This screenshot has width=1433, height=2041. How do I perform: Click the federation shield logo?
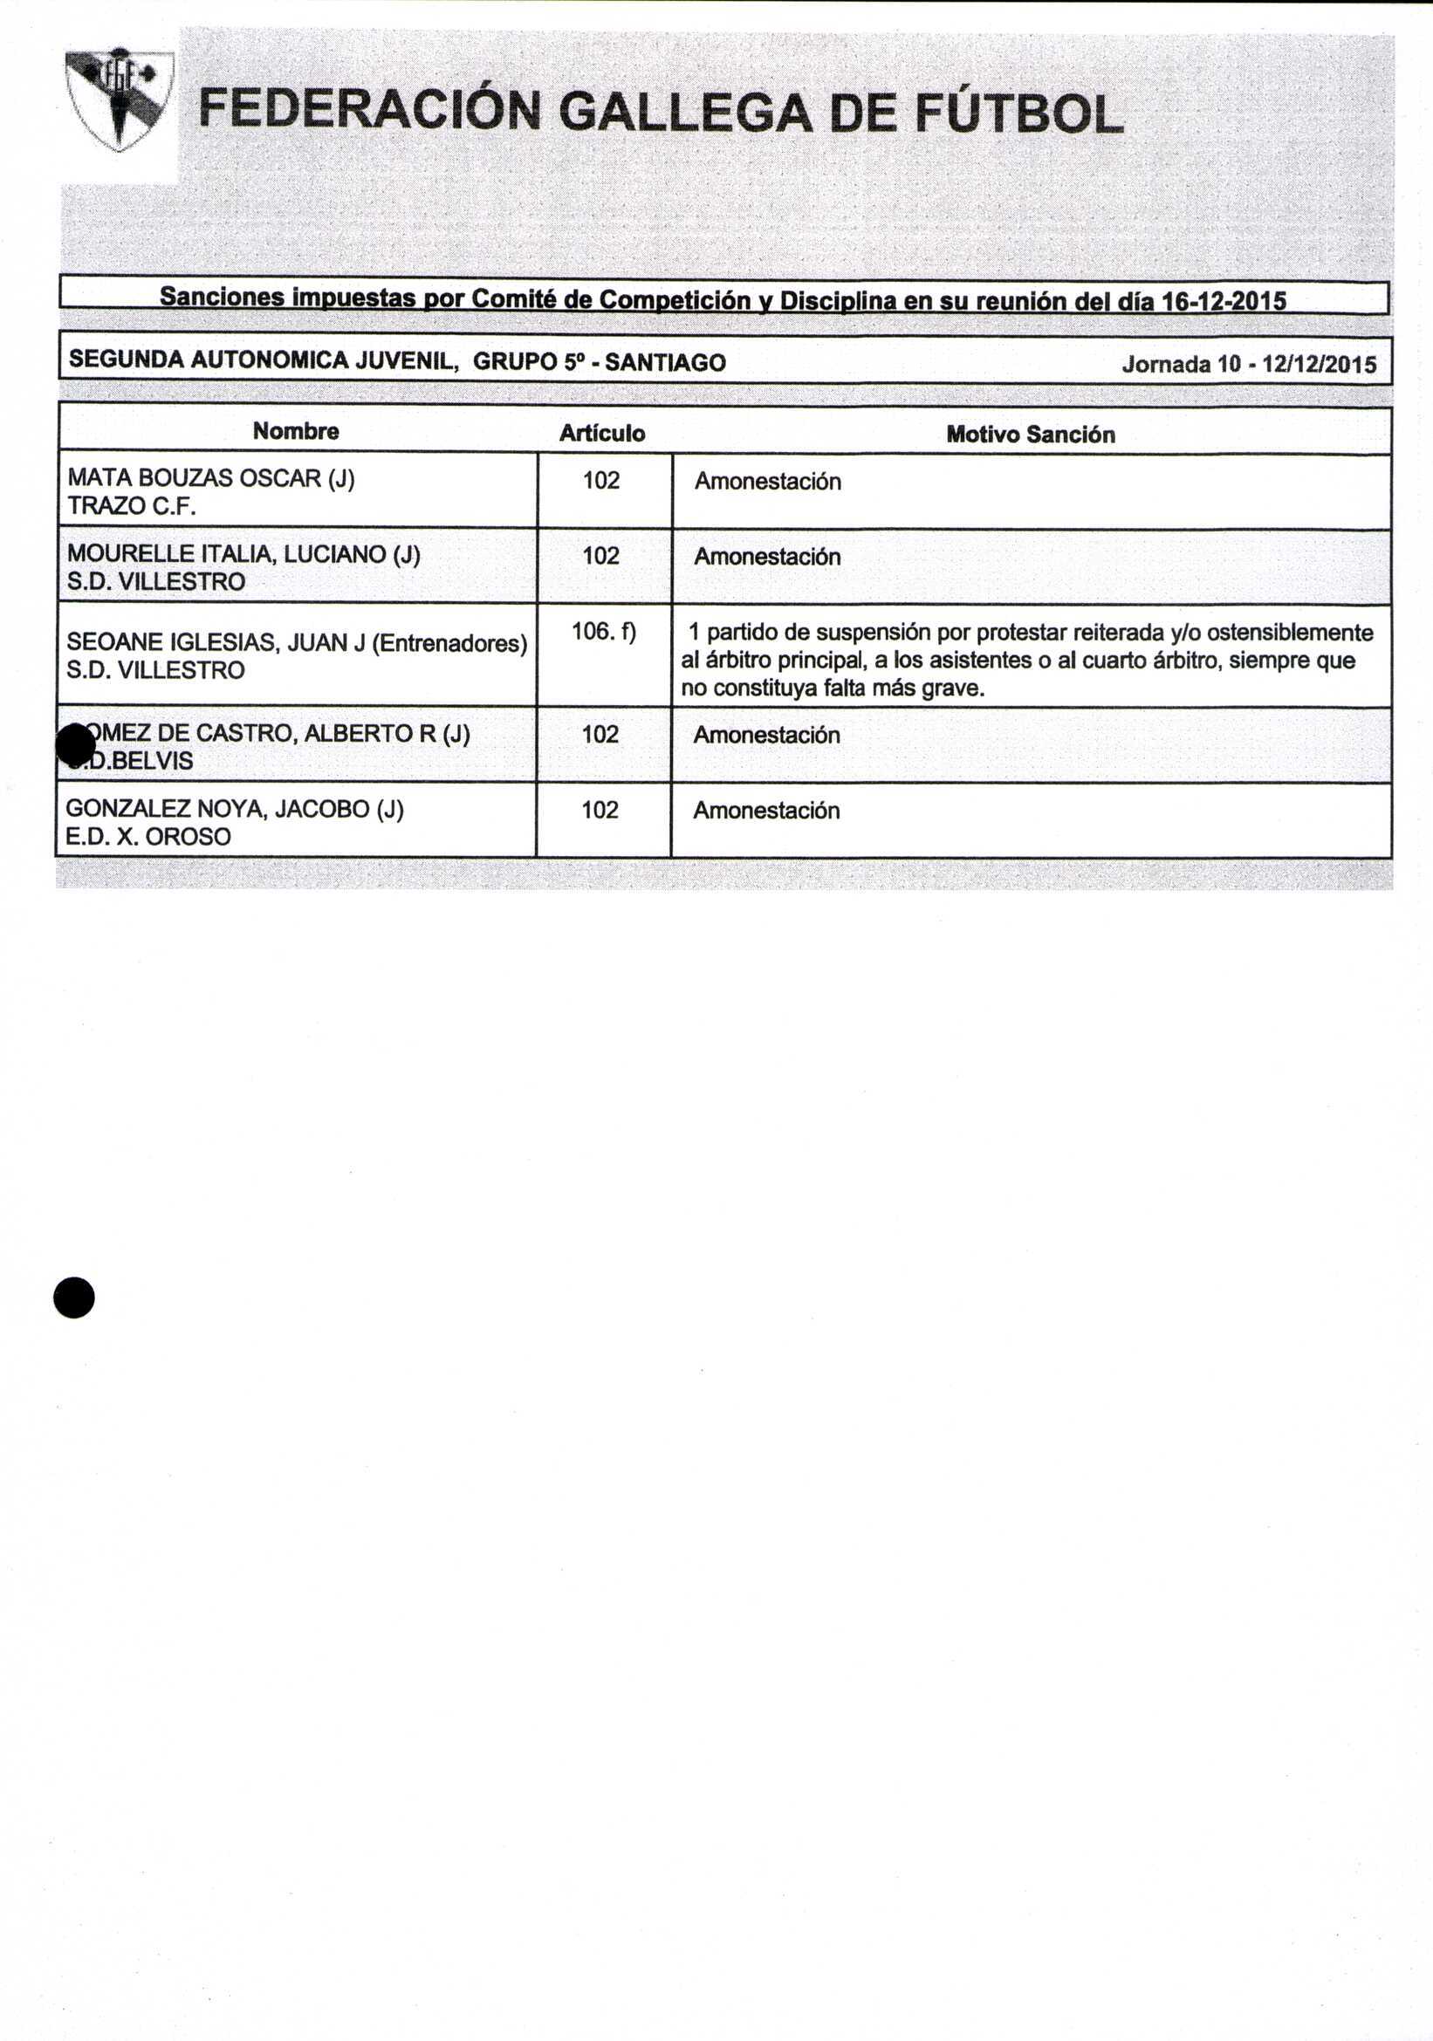(x=119, y=99)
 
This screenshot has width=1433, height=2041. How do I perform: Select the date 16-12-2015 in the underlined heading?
(x=1224, y=301)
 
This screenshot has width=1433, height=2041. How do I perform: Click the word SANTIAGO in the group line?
(x=665, y=363)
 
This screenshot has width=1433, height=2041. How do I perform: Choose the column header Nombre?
(x=296, y=431)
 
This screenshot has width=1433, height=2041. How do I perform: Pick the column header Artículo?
(x=602, y=433)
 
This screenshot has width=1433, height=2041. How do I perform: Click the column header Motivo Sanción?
(x=1031, y=434)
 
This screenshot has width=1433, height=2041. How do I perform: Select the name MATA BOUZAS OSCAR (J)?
(x=211, y=478)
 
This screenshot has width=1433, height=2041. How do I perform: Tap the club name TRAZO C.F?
(x=132, y=506)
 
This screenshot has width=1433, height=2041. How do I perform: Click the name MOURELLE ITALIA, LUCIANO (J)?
(x=243, y=554)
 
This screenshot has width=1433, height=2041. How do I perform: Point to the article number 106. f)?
(x=604, y=631)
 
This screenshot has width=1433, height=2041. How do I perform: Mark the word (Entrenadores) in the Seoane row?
(x=449, y=643)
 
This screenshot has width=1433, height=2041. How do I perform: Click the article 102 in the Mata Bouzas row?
(x=601, y=481)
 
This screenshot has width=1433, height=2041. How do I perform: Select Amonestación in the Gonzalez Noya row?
(x=766, y=811)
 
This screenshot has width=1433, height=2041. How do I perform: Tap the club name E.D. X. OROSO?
(x=148, y=837)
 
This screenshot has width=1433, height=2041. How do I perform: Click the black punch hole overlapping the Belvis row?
(x=75, y=745)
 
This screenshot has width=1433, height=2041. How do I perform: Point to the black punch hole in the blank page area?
(x=74, y=1297)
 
